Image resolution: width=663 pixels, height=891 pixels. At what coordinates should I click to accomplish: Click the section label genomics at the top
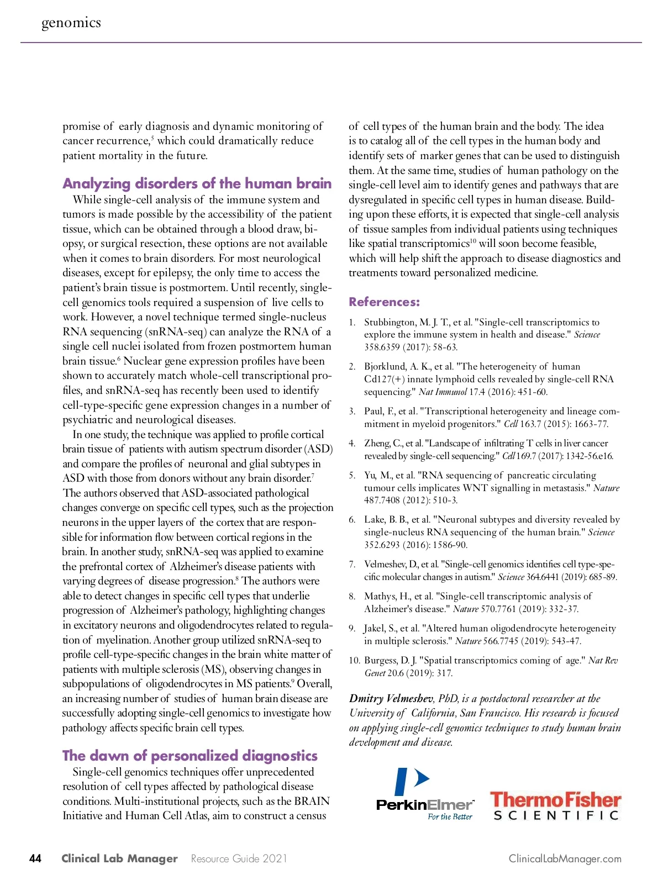coord(71,23)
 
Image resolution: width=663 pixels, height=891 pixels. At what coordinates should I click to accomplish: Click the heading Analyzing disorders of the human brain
coord(197,183)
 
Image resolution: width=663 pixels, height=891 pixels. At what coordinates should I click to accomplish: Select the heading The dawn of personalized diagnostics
coord(190,755)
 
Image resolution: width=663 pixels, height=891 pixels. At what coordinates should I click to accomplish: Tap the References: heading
coord(384,302)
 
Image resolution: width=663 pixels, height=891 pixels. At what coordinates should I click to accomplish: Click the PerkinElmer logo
coord(424,793)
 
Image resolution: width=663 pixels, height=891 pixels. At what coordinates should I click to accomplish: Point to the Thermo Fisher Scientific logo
coord(555,806)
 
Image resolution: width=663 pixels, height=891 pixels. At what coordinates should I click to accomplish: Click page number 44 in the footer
coord(35,858)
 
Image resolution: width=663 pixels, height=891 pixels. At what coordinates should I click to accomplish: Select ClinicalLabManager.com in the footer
coord(565,858)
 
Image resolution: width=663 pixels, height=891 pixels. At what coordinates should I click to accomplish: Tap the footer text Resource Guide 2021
coord(239,858)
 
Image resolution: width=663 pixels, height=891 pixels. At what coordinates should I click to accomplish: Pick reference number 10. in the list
coord(354,661)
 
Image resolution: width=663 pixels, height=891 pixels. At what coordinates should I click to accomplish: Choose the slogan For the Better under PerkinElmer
coord(450,817)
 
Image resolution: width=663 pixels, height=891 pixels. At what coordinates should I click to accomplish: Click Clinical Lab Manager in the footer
coord(119,858)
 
